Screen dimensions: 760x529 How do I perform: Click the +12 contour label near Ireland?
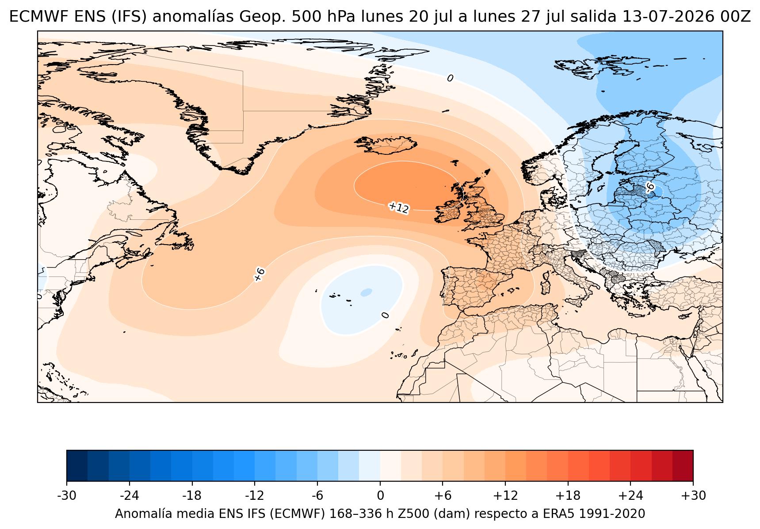(x=398, y=207)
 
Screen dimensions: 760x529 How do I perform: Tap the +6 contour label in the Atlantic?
(x=259, y=274)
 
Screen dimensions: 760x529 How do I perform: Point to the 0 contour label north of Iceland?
(x=450, y=78)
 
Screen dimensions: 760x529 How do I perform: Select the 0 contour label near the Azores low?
(x=386, y=315)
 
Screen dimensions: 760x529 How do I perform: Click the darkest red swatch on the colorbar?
(x=683, y=465)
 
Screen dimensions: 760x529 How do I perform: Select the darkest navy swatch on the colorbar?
(x=77, y=465)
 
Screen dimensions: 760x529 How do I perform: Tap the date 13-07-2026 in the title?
(x=668, y=17)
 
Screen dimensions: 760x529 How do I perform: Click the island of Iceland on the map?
(x=386, y=145)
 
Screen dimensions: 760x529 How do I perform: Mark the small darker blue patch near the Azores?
(x=366, y=292)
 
